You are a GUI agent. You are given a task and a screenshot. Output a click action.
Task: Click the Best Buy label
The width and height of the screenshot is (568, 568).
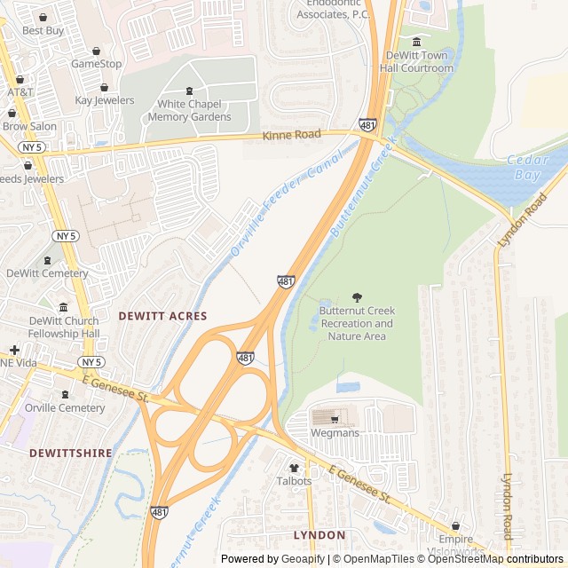[43, 30]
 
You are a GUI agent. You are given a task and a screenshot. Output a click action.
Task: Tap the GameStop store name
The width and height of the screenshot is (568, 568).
[96, 64]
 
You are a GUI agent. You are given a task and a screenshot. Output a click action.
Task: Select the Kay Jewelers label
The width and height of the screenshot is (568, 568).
[104, 100]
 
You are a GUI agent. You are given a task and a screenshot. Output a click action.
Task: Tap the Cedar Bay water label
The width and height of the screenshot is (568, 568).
[528, 167]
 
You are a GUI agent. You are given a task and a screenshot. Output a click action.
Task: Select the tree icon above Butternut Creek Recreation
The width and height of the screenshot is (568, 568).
[357, 297]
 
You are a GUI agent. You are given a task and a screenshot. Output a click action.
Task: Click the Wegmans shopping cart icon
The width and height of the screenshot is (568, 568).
[335, 418]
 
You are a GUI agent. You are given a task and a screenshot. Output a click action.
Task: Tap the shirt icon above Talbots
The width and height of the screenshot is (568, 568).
[294, 467]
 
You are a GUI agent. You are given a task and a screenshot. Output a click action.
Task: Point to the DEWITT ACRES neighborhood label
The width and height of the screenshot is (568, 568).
[162, 316]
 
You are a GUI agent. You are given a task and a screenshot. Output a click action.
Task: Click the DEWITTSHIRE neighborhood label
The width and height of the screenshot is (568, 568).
[71, 453]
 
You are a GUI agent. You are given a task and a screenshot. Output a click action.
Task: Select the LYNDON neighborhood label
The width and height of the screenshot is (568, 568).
[319, 535]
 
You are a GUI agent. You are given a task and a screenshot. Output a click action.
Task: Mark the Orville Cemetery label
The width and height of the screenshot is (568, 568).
[64, 408]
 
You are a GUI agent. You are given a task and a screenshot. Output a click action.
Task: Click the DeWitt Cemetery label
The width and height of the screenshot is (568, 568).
[48, 273]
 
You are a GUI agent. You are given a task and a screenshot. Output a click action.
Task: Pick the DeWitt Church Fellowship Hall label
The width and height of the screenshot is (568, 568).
[64, 327]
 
